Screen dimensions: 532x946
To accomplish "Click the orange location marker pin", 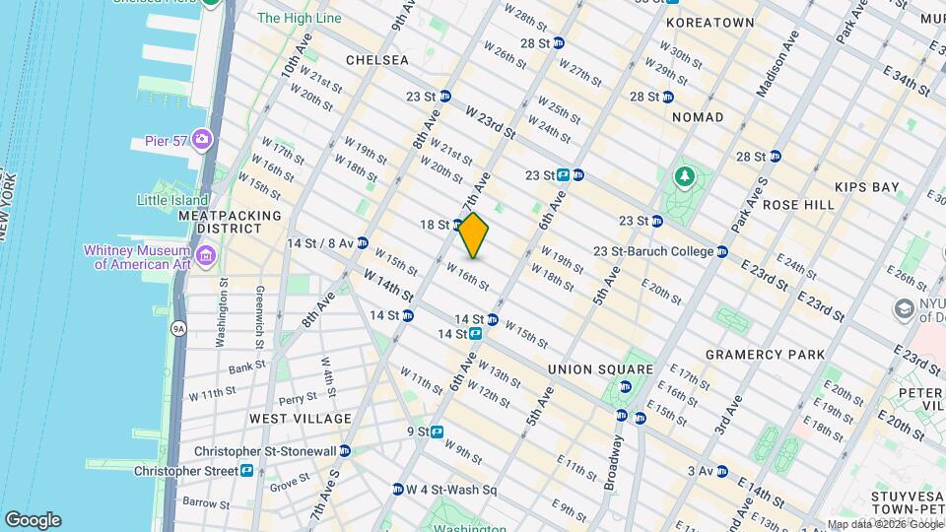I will coord(474,234).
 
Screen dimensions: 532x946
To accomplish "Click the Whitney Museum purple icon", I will coord(206,257).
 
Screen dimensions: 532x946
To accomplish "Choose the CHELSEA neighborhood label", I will coord(376,60).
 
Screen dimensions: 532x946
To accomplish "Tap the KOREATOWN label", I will coord(709,23).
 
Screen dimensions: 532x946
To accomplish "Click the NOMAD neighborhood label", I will coord(698,117).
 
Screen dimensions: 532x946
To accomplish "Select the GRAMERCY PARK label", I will coord(765,354).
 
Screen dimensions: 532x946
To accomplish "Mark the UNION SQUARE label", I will coord(600,369).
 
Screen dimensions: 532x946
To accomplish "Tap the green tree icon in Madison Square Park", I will coord(683,176).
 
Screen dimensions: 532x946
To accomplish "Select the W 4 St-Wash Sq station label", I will coord(451,490).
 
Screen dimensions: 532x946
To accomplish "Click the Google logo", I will coord(33,520).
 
